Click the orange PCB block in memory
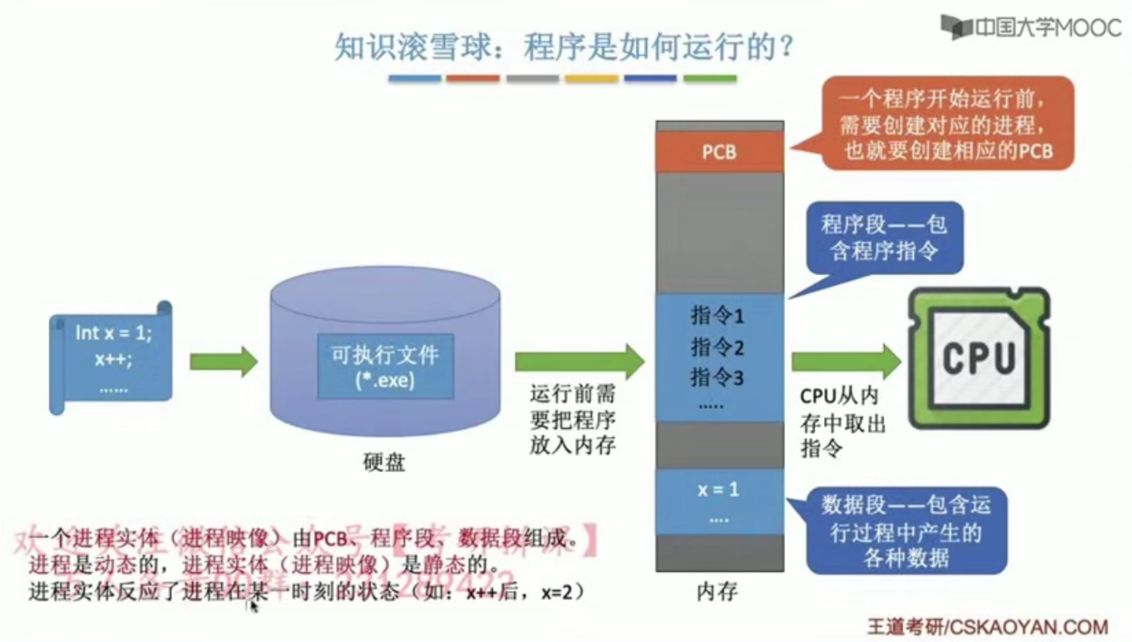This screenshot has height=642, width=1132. click(x=719, y=152)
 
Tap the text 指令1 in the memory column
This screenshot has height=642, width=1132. click(x=717, y=315)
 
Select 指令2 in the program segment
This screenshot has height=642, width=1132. click(x=717, y=347)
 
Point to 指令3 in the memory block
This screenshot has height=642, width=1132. click(x=717, y=377)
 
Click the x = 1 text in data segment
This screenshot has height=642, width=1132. click(x=718, y=490)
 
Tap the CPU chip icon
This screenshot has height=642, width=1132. click(x=979, y=358)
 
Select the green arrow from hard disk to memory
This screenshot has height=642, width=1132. click(x=579, y=361)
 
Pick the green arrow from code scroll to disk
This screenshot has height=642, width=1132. click(x=223, y=361)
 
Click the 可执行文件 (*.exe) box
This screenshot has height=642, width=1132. click(x=385, y=367)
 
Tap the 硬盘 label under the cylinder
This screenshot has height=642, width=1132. click(x=384, y=462)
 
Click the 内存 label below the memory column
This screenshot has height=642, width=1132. click(x=717, y=591)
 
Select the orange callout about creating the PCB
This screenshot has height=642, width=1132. click(x=947, y=124)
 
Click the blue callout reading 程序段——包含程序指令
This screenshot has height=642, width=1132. click(x=884, y=238)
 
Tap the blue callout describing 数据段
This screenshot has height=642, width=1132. click(x=906, y=531)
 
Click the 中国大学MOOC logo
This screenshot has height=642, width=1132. click(x=1031, y=27)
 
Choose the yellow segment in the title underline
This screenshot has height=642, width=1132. click(x=592, y=79)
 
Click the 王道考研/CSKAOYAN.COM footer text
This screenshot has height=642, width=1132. click(x=988, y=627)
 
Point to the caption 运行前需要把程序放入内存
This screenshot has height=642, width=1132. click(x=572, y=419)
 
